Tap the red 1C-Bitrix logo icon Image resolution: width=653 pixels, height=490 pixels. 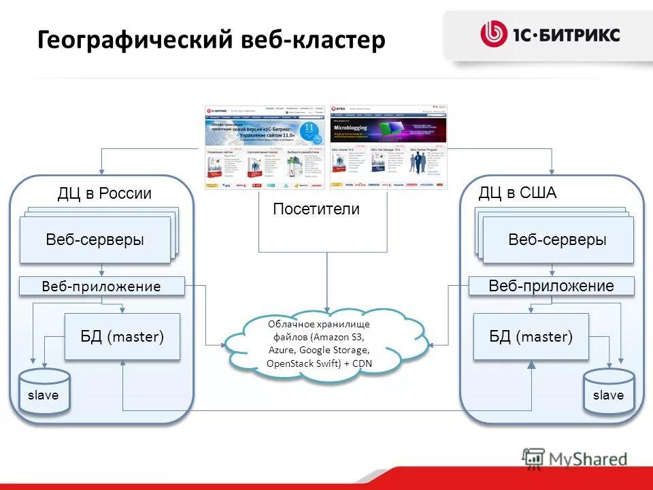pos(493,34)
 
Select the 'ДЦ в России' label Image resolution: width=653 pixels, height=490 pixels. pos(104,193)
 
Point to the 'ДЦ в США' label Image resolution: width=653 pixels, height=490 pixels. pos(517,193)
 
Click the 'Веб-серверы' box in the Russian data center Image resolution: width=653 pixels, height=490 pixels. pos(95,240)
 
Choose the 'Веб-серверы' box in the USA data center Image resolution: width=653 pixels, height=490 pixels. pos(557,240)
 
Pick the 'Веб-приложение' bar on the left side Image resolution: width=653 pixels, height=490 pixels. pos(101,287)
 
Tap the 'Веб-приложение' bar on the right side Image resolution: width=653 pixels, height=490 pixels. pos(551,287)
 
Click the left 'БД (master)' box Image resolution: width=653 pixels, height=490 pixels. pos(122,336)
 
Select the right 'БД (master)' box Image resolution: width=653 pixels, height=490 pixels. pos(531,336)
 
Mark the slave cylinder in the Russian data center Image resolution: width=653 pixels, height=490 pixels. pos(44,393)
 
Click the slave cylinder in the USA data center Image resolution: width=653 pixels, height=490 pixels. pos(608,393)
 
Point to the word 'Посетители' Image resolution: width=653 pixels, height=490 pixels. pos(316,210)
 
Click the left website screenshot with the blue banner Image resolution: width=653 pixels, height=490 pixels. pos(266,147)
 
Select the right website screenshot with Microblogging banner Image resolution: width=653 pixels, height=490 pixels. pos(389,147)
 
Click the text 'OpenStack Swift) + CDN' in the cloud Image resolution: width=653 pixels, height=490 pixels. pos(324,364)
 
